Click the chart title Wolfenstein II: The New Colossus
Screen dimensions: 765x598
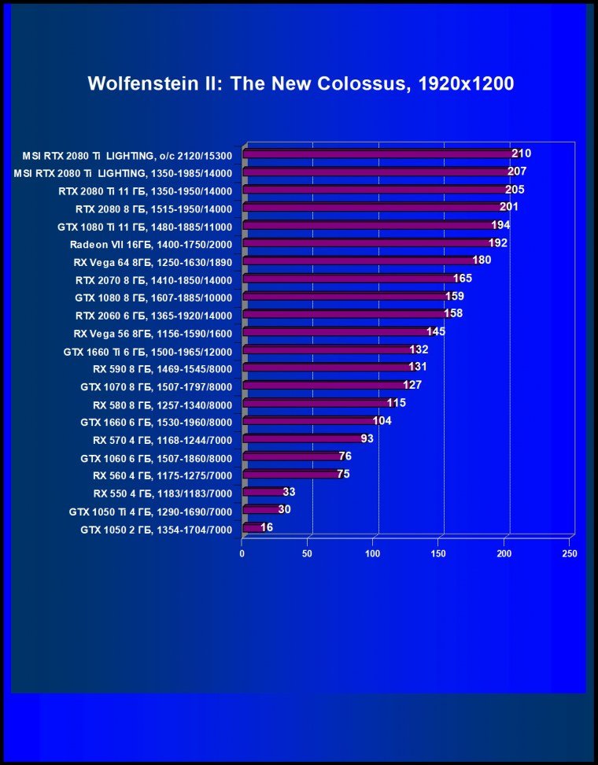click(301, 83)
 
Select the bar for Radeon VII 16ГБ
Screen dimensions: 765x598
click(370, 243)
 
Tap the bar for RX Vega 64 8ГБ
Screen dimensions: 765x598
click(362, 261)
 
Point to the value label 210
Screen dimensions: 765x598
click(521, 153)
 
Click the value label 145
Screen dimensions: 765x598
click(436, 331)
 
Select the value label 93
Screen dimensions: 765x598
click(367, 438)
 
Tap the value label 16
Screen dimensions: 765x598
click(267, 527)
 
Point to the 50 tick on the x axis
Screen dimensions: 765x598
click(308, 553)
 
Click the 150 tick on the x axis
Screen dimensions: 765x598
click(438, 553)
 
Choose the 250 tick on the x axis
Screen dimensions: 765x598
click(569, 553)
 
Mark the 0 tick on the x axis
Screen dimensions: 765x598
click(242, 553)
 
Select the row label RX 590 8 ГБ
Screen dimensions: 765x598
click(162, 368)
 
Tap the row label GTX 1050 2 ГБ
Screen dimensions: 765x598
click(156, 530)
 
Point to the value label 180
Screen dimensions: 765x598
click(482, 261)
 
